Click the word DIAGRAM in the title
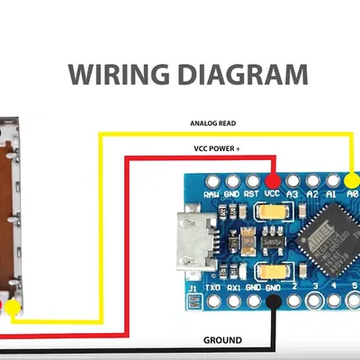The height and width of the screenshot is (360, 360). tap(237, 73)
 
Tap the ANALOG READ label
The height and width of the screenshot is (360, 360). tap(213, 123)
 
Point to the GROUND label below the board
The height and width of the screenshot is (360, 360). tap(221, 341)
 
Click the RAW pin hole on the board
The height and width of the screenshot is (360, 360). tap(211, 176)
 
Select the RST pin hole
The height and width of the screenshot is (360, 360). tap(251, 175)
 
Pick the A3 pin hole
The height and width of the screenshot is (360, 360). tap(292, 175)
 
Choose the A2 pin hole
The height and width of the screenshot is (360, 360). tap(312, 175)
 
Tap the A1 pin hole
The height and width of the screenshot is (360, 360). tap(332, 175)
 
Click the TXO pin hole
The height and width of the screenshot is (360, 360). tap(213, 302)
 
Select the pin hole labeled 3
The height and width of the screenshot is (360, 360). tap(315, 301)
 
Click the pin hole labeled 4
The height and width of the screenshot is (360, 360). tap(336, 301)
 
